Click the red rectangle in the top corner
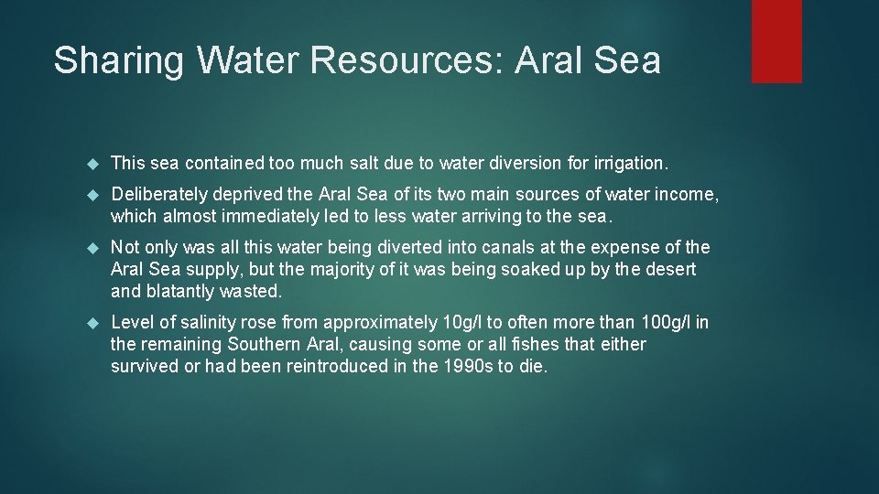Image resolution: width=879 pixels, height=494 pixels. click(776, 41)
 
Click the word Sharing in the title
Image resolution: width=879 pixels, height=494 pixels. click(120, 60)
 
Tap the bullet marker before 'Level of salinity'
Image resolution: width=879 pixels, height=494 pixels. click(91, 323)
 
